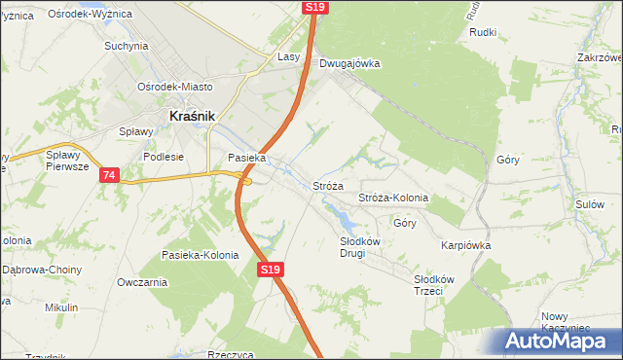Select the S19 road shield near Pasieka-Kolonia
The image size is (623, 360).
[x=271, y=270]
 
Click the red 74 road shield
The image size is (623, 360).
[x=109, y=175]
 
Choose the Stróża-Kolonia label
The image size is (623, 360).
[x=393, y=198]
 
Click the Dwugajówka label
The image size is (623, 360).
[x=348, y=64]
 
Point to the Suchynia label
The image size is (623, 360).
[x=126, y=46]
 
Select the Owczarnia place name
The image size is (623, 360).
[x=142, y=282]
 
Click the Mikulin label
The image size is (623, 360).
[x=61, y=307]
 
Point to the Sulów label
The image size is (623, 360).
[x=590, y=204]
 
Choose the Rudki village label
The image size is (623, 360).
[x=483, y=32]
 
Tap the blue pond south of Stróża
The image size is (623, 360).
[x=341, y=213]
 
